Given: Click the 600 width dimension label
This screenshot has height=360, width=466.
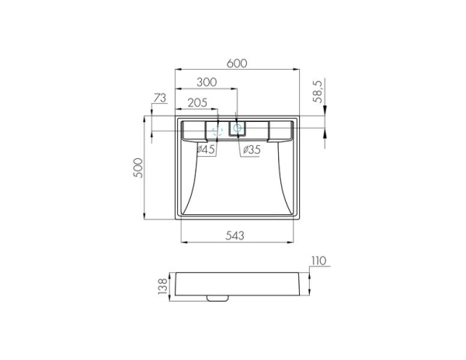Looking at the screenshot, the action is pos(237,63).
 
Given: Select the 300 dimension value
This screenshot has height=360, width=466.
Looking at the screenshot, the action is pos(207,82).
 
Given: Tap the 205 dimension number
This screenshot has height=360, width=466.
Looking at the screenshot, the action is pos(197,102).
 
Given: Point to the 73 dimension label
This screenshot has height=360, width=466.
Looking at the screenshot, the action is pos(160,98).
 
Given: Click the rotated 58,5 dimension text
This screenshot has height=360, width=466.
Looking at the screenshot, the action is pos(318,91).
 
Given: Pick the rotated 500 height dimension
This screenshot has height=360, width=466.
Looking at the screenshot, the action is pos(138,168).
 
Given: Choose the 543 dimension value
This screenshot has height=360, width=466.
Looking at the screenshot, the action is pos(235,235).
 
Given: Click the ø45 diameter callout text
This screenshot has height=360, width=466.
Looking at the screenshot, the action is pos(206,149).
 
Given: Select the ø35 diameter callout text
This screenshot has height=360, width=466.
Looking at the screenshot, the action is pos(252,150).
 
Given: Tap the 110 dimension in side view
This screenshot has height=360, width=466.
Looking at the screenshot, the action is pos(319,261).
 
